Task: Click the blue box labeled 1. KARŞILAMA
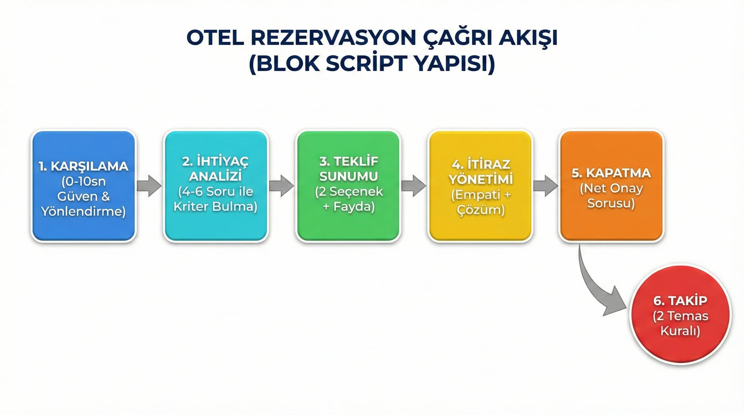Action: coord(84,186)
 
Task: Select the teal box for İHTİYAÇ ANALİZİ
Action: coord(216,186)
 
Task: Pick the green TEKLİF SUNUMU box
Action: coord(348,186)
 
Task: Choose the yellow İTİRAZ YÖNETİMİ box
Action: coord(481,186)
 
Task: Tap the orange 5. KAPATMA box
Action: coord(612,186)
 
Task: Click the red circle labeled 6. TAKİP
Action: coord(680,315)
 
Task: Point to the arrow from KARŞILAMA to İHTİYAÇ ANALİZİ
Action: coord(149,186)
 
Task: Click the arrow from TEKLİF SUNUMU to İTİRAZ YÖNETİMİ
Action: coord(414,186)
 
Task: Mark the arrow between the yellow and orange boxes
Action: coord(545,186)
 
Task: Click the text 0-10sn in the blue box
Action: coord(84,182)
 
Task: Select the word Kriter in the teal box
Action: coord(191,207)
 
